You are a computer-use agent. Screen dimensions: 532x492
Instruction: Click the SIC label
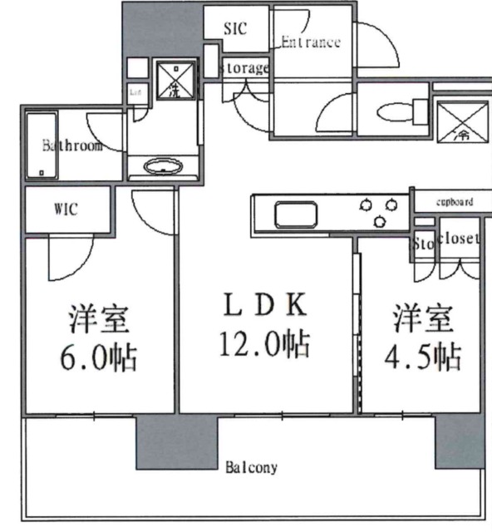(x=235, y=27)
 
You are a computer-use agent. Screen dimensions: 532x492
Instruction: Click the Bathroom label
(x=72, y=146)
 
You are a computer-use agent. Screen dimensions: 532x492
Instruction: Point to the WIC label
(x=66, y=209)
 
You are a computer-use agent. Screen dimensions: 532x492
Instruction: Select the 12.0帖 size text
(x=263, y=342)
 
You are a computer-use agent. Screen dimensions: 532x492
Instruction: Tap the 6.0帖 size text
(x=98, y=358)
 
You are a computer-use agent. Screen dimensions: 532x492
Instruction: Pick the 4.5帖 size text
(x=423, y=357)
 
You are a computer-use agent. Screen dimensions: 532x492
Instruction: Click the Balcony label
(x=251, y=468)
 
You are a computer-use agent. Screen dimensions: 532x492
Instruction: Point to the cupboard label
(x=454, y=202)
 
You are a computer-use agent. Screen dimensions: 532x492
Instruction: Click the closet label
(x=459, y=239)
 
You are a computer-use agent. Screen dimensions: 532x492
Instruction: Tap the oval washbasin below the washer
(x=163, y=167)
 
